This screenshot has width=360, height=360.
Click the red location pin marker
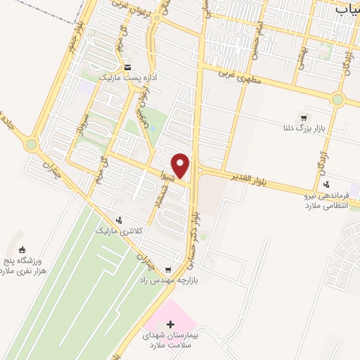181,165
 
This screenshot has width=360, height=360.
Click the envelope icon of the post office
127,68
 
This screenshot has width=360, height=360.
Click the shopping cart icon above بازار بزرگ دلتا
303,117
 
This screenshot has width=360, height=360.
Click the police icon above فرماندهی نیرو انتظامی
326,185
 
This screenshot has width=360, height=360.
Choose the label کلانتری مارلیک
115,230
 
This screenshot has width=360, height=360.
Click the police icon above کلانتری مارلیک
118,219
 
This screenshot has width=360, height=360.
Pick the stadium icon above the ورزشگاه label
22,249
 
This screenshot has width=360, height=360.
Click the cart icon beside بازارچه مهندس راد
168,269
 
